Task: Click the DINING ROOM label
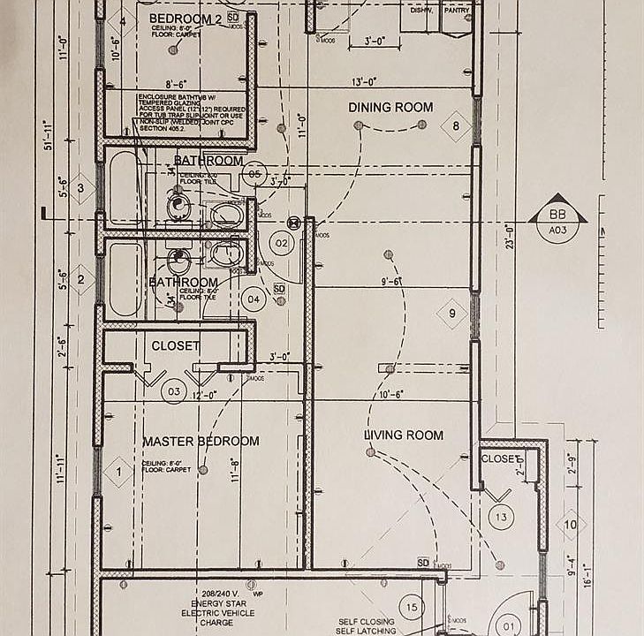coord(390,108)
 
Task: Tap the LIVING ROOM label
coord(404,435)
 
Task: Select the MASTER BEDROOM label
coord(201,441)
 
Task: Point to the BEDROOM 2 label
coord(185,19)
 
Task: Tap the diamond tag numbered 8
coord(456,126)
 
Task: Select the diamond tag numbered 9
coord(451,314)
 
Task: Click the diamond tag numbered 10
coord(571,526)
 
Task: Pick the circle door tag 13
coord(502,518)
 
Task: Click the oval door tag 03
coord(174,391)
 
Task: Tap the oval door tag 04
coord(254,299)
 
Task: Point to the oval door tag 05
coord(254,175)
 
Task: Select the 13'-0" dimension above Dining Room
coord(364,81)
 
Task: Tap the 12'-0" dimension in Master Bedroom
coord(205,397)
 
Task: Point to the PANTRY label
coord(457,10)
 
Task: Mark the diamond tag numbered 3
coord(80,188)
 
